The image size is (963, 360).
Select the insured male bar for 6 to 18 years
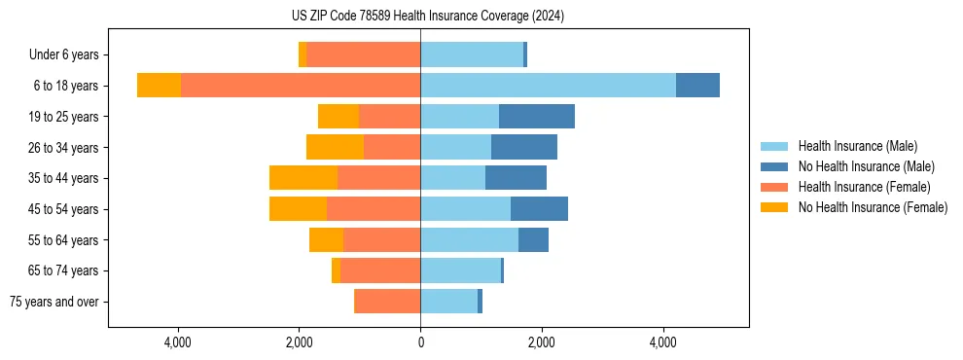coord(548,86)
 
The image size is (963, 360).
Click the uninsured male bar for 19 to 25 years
coord(536,117)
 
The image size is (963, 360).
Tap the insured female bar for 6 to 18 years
coord(301,86)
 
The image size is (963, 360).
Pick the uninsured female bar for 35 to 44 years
coord(303,178)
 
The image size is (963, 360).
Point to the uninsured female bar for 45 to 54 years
coord(298,209)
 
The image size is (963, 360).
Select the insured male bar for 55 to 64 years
coord(469,239)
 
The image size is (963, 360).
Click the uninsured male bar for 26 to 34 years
coord(524,147)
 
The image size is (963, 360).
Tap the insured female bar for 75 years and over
coord(388,302)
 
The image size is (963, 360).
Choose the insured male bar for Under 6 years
coord(472,54)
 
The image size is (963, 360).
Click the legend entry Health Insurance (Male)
coord(857,146)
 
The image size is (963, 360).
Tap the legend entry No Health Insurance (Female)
coord(872,207)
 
